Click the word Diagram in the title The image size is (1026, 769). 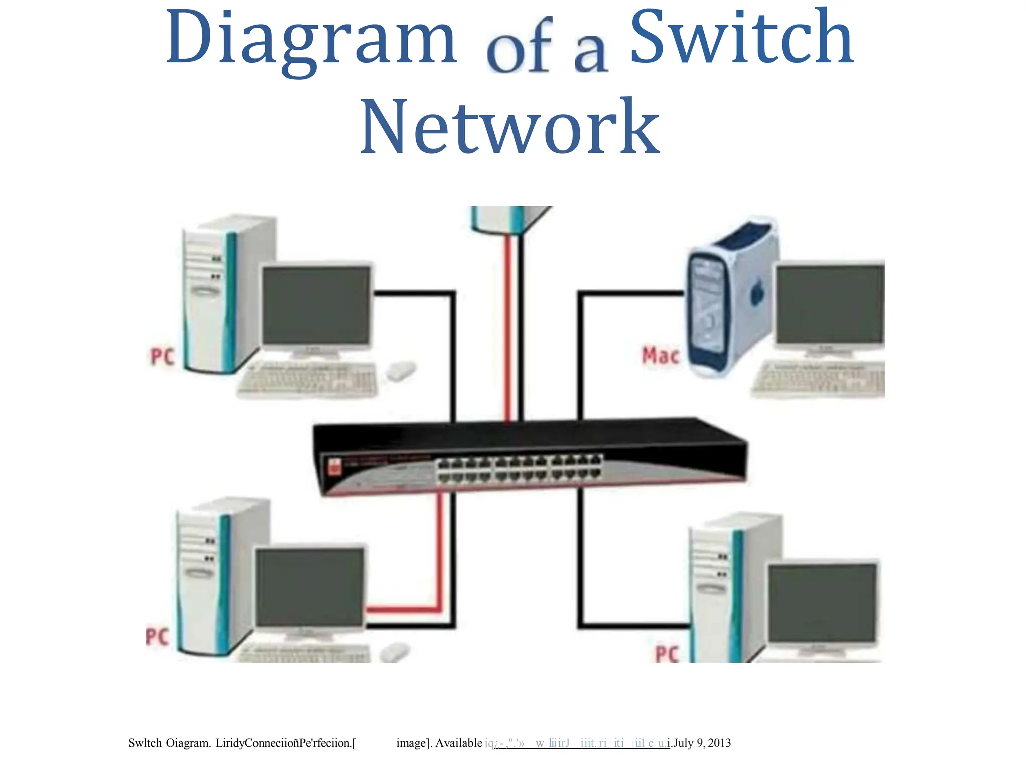[311, 40]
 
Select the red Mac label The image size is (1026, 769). [660, 356]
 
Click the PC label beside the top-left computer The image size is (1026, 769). [162, 357]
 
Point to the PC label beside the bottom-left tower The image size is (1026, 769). [157, 637]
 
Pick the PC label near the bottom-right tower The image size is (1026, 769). [667, 654]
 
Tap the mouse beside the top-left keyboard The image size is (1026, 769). [401, 371]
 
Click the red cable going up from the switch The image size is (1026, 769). [507, 325]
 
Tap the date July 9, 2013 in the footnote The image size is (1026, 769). [702, 743]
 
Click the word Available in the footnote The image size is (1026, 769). [458, 743]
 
